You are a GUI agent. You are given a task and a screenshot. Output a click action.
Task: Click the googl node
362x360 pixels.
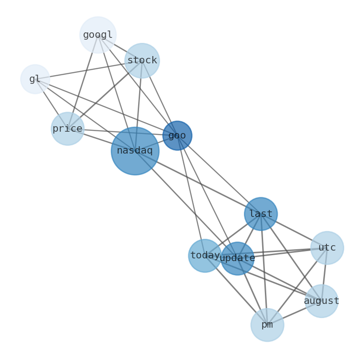[x=98, y=35]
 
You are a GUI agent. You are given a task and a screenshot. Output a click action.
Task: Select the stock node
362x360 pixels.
[x=142, y=61]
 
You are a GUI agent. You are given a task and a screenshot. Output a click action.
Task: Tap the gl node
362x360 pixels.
[x=35, y=79]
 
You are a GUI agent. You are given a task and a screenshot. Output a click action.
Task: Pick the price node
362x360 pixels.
[x=67, y=129]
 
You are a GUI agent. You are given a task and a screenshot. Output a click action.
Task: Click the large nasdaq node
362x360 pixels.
[x=135, y=151]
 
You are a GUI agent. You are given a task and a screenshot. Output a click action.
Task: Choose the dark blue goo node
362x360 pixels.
[x=177, y=135]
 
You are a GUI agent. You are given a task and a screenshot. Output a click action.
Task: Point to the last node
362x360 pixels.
[x=261, y=214]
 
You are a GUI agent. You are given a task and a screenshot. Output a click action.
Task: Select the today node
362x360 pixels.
[x=205, y=256]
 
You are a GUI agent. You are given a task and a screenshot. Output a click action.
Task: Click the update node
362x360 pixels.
[x=238, y=258]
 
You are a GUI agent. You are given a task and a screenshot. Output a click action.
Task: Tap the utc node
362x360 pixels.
[x=327, y=248]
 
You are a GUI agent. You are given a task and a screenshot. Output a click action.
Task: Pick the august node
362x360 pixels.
[x=321, y=301]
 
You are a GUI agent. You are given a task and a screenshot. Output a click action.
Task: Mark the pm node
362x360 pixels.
[x=267, y=325]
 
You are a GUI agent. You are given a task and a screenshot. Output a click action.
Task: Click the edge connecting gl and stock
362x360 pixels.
[x=87, y=70]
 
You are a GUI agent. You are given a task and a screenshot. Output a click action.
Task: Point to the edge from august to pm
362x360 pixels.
[x=295, y=313]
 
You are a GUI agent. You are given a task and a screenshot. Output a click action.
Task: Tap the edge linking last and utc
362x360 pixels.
[x=294, y=231]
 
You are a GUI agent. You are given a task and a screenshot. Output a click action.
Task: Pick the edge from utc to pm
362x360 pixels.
[x=297, y=286]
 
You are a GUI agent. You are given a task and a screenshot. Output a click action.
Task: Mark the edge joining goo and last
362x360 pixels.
[x=219, y=175]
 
